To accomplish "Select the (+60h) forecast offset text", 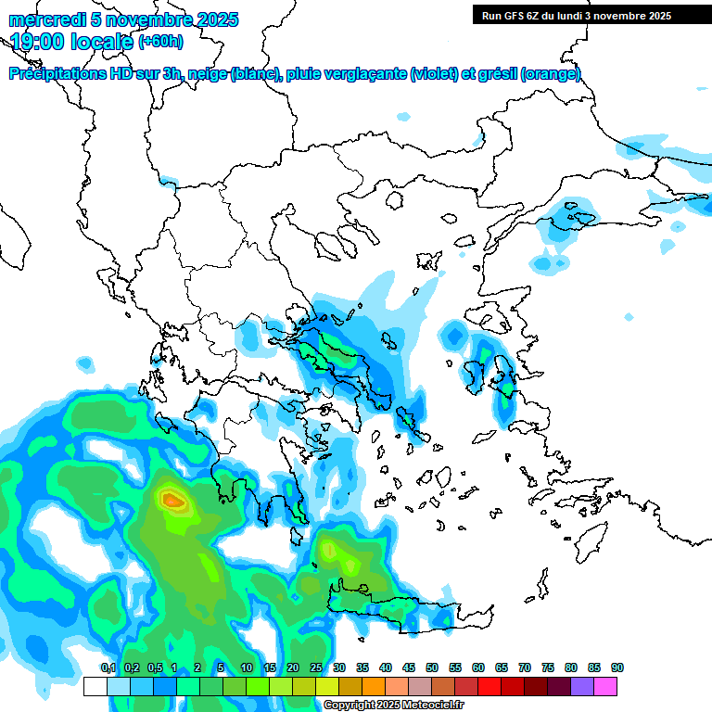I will pos(160,42).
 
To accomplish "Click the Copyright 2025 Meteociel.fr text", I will pos(382,706).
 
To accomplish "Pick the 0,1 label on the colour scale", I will pos(108,668).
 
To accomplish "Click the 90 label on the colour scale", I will pos(617,668).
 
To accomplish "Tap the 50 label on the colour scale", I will pos(432,668).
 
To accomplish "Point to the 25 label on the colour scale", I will pos(316,668).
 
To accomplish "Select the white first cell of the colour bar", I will pos(95,687).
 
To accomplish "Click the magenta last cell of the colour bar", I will pos(606,687).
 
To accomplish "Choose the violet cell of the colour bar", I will pos(583,687).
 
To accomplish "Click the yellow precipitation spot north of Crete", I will pos(328,551).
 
